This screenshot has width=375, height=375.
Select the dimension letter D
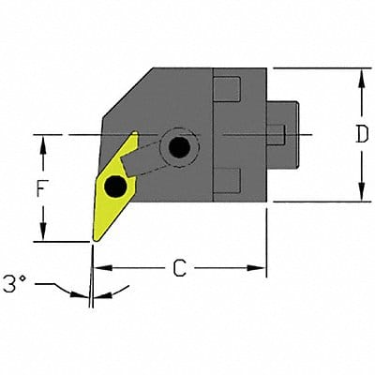(x=361, y=134)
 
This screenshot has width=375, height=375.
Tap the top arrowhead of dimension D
(x=361, y=74)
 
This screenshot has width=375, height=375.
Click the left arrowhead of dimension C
(x=101, y=268)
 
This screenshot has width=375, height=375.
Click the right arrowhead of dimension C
(x=262, y=268)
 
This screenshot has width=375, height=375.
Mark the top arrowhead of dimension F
(x=42, y=140)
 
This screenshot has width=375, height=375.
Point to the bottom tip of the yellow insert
(x=93, y=240)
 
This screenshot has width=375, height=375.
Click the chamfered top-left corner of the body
(x=122, y=94)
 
